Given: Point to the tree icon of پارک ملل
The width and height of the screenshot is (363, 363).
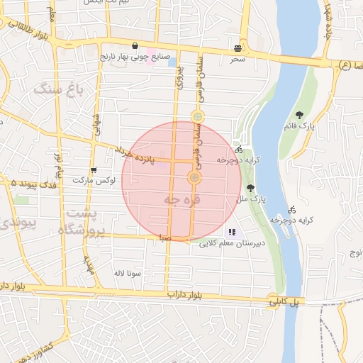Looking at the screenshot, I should click(250, 188).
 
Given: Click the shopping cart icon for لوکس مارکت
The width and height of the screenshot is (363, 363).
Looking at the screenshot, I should click(94, 169).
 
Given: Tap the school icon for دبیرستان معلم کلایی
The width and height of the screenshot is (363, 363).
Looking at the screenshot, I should click(232, 232).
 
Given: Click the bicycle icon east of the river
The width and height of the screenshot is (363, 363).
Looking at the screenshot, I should click(292, 209).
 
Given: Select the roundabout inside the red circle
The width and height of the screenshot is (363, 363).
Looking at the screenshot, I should click(193, 177).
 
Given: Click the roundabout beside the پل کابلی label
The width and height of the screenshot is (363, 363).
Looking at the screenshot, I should click(274, 299).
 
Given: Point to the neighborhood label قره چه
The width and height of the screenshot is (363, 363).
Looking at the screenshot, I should click(182, 200).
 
